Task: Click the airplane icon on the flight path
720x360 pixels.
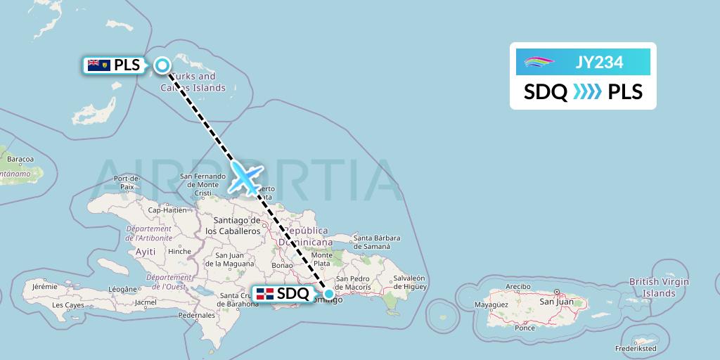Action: [x=245, y=178]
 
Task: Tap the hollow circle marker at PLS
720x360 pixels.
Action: [x=162, y=65]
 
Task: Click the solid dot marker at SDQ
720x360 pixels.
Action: [x=328, y=293]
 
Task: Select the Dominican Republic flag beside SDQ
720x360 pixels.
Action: [x=265, y=294]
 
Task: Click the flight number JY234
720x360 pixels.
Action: [x=599, y=63]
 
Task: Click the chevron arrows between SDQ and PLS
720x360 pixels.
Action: [x=587, y=92]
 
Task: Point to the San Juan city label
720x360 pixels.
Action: [x=555, y=302]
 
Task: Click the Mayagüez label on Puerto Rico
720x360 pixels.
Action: [x=491, y=304]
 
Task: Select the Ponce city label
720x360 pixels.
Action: [x=525, y=328]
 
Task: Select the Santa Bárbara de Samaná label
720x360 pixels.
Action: [x=381, y=242]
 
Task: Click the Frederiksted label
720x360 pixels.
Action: [x=636, y=348]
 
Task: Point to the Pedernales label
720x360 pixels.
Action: [x=197, y=315]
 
